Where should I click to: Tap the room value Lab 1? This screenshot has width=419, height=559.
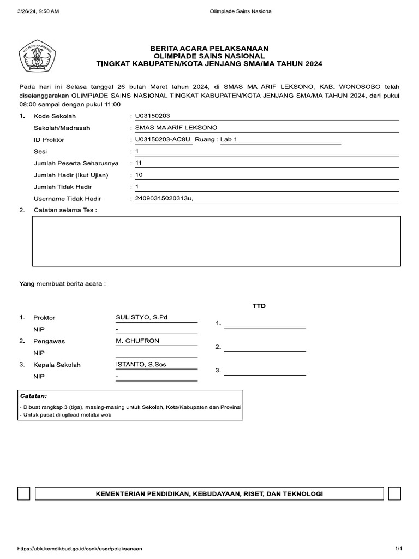click(x=229, y=139)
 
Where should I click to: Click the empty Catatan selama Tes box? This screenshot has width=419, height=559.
click(x=216, y=241)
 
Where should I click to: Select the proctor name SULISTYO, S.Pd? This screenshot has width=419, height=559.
click(x=141, y=317)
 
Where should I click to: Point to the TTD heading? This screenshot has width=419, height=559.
click(x=259, y=306)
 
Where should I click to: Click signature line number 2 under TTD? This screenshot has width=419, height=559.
click(x=265, y=349)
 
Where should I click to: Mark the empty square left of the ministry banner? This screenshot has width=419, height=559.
click(x=24, y=493)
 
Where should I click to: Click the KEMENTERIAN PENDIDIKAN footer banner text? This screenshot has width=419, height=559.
click(x=209, y=493)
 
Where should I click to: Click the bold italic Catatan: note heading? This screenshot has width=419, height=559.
click(x=33, y=395)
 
